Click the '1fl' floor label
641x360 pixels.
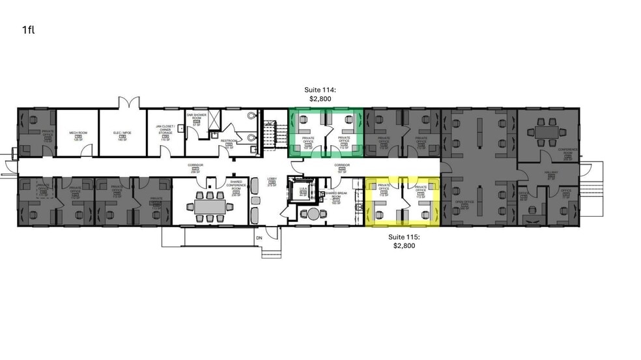pos(27,30)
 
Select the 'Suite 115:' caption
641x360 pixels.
pos(405,237)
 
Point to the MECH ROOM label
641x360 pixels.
pos(78,133)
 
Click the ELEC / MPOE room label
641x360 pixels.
pos(121,133)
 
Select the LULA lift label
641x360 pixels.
pos(303,189)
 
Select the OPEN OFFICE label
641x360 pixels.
pos(464,203)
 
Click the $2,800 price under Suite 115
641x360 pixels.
pos(405,246)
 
